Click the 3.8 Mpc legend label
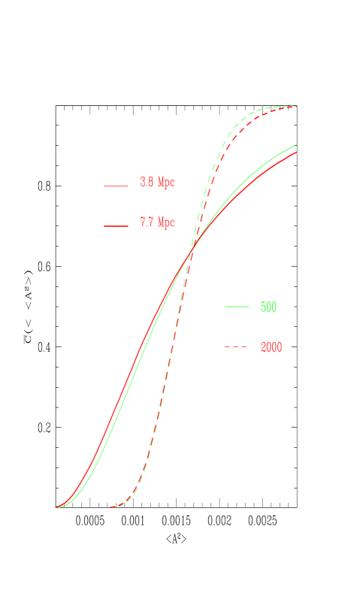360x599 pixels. click(x=157, y=183)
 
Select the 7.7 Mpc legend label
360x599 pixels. click(x=157, y=222)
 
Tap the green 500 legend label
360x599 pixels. click(x=268, y=307)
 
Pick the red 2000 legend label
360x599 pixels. click(x=271, y=347)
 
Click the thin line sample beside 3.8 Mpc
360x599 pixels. click(x=116, y=185)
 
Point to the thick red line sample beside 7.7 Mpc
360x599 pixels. click(x=116, y=225)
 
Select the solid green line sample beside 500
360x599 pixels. click(x=236, y=307)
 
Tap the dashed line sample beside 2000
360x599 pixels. click(x=236, y=347)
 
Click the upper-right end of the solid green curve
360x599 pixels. click(x=296, y=145)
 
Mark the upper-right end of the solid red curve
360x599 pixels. click(x=296, y=152)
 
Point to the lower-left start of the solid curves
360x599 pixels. click(x=57, y=507)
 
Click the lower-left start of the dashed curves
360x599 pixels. click(x=111, y=508)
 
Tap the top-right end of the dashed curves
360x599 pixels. click(x=297, y=106)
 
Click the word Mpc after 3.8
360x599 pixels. click(x=166, y=183)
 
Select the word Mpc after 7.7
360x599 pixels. click(x=166, y=222)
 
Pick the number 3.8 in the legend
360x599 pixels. click(x=147, y=183)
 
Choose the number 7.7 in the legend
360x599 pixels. click(x=147, y=222)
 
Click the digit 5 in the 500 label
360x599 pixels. click(x=263, y=307)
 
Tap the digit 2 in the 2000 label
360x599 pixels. click(x=263, y=347)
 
